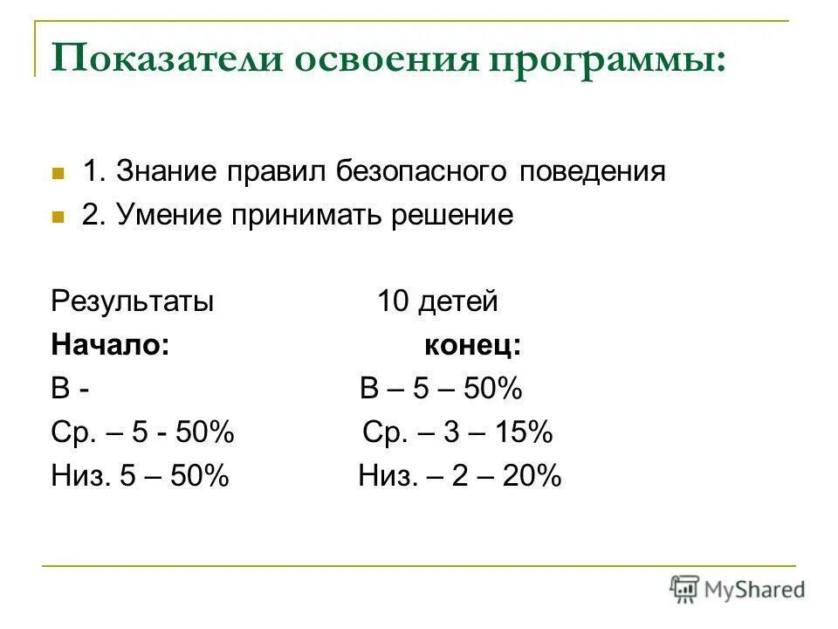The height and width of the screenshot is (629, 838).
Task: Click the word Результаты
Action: pyautogui.click(x=133, y=302)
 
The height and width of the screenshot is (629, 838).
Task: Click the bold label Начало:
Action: pyautogui.click(x=110, y=345)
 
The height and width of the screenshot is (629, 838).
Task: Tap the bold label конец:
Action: pyautogui.click(x=472, y=345)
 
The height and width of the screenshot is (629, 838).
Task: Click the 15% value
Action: pyautogui.click(x=524, y=432)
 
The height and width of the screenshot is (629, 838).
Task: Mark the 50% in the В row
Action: pyautogui.click(x=492, y=389)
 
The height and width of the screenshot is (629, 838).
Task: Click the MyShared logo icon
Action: pyautogui.click(x=685, y=588)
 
